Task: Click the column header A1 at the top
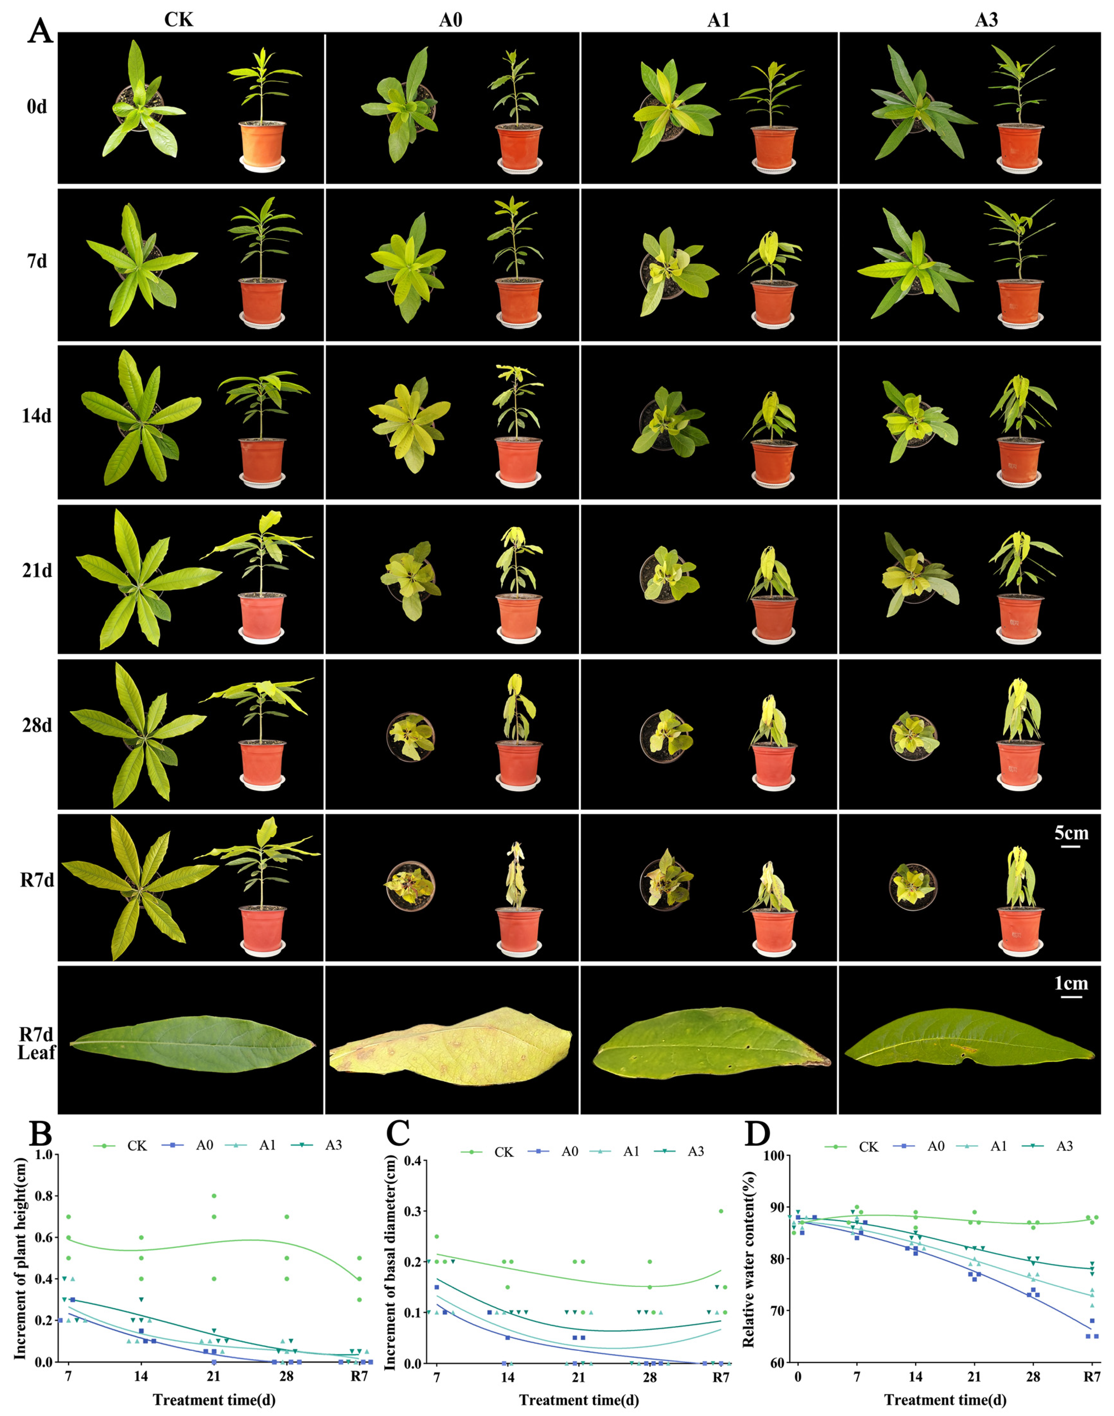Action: pos(718,20)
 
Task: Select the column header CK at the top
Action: pos(179,20)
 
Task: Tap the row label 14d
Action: pos(36,416)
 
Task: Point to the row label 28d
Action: pos(36,725)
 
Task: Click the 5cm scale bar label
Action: pos(1071,833)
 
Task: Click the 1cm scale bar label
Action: pos(1071,983)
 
